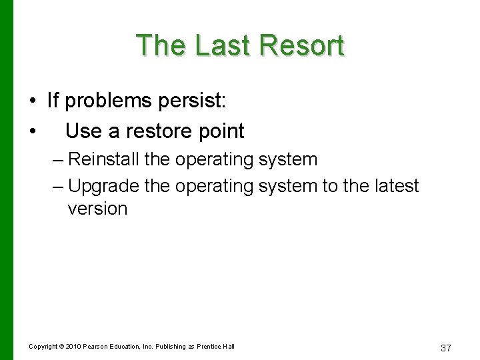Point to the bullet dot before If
[x=32, y=101]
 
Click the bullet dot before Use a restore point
[x=32, y=131]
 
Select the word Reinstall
[x=102, y=160]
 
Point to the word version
[x=97, y=209]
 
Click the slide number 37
[x=447, y=348]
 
